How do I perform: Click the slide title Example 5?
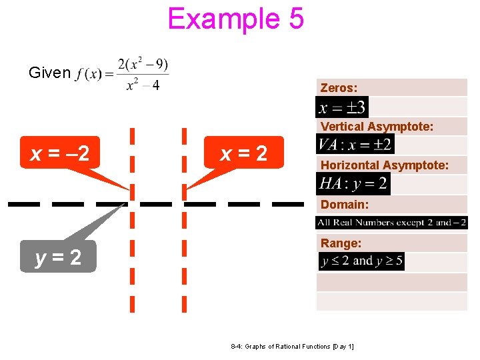click(236, 19)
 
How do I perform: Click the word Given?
click(49, 73)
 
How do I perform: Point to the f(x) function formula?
click(123, 73)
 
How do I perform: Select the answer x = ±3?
click(342, 107)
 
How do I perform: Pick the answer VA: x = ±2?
click(355, 144)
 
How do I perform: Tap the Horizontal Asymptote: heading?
click(384, 165)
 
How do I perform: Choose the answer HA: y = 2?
click(353, 183)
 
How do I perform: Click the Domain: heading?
click(344, 205)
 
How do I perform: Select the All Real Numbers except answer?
click(392, 223)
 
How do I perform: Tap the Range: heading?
click(341, 243)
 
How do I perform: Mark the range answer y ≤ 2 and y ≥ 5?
click(361, 261)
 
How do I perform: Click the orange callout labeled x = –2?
click(60, 154)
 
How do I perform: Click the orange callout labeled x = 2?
click(244, 154)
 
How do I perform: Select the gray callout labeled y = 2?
click(59, 257)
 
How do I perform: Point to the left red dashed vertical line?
click(132, 267)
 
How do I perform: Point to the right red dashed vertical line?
click(184, 267)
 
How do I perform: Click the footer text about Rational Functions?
click(292, 347)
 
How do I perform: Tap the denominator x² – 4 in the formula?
click(143, 86)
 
